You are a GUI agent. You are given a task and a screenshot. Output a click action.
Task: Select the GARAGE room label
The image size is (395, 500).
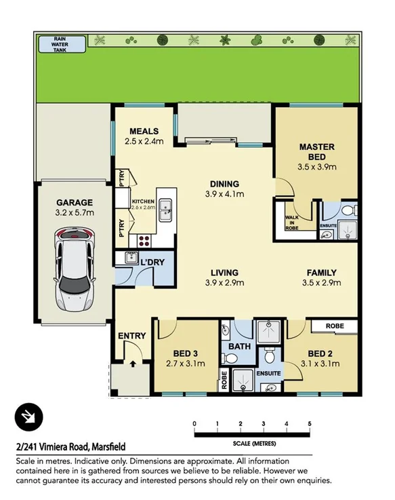[x=74, y=202]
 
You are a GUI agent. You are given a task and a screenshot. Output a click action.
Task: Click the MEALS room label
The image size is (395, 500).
[x=145, y=131]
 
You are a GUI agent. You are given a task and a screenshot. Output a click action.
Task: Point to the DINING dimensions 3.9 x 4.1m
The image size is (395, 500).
[x=224, y=194]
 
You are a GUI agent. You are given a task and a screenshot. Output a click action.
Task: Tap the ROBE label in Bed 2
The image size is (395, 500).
[x=334, y=326]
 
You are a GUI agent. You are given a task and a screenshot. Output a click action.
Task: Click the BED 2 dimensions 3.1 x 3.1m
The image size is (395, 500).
[x=319, y=364]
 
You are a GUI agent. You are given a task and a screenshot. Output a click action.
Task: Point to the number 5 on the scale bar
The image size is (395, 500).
[x=310, y=424]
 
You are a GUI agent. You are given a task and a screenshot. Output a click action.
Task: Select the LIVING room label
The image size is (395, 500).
[x=225, y=273]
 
